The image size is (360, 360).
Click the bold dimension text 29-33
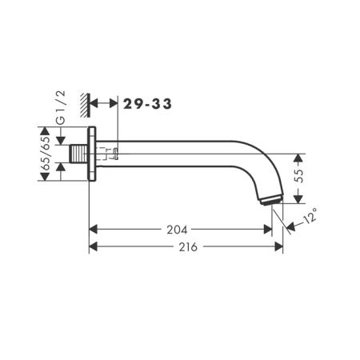(x=147, y=104)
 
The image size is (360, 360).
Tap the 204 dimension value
(x=177, y=230)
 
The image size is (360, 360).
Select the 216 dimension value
(x=188, y=247)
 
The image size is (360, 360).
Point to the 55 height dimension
(x=300, y=176)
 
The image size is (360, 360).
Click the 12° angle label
(x=310, y=215)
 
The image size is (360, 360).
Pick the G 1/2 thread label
(x=61, y=107)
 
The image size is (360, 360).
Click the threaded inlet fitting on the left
(x=78, y=154)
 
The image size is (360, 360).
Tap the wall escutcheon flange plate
(x=92, y=154)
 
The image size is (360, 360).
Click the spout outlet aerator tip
(x=271, y=201)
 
